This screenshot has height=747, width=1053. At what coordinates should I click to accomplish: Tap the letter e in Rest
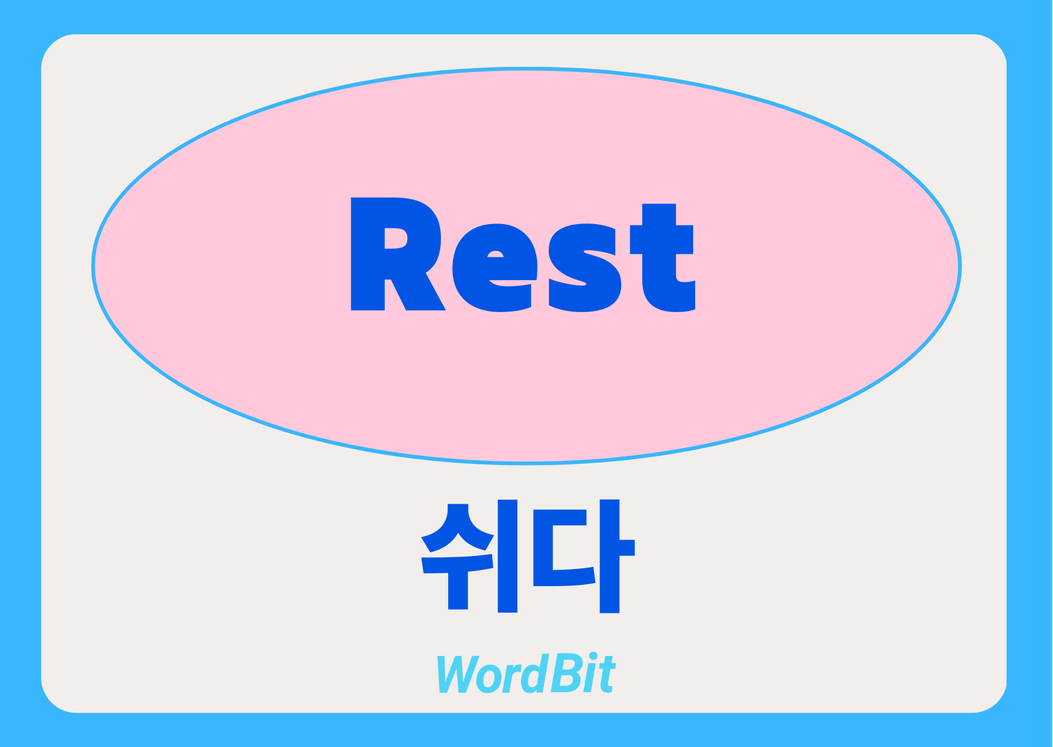[x=495, y=268]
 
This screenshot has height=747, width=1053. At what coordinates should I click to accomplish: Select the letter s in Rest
[x=585, y=268]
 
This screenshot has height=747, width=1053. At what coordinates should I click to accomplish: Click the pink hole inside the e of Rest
[x=495, y=254]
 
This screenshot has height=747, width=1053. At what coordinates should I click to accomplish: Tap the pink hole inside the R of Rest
[x=396, y=238]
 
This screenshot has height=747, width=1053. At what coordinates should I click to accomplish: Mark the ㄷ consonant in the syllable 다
[x=563, y=548]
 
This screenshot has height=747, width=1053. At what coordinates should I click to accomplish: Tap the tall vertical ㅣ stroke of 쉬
[x=508, y=556]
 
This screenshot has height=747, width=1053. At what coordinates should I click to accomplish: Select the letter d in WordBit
[x=535, y=674]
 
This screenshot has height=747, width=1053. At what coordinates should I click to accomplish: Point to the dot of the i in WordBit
[x=594, y=657]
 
